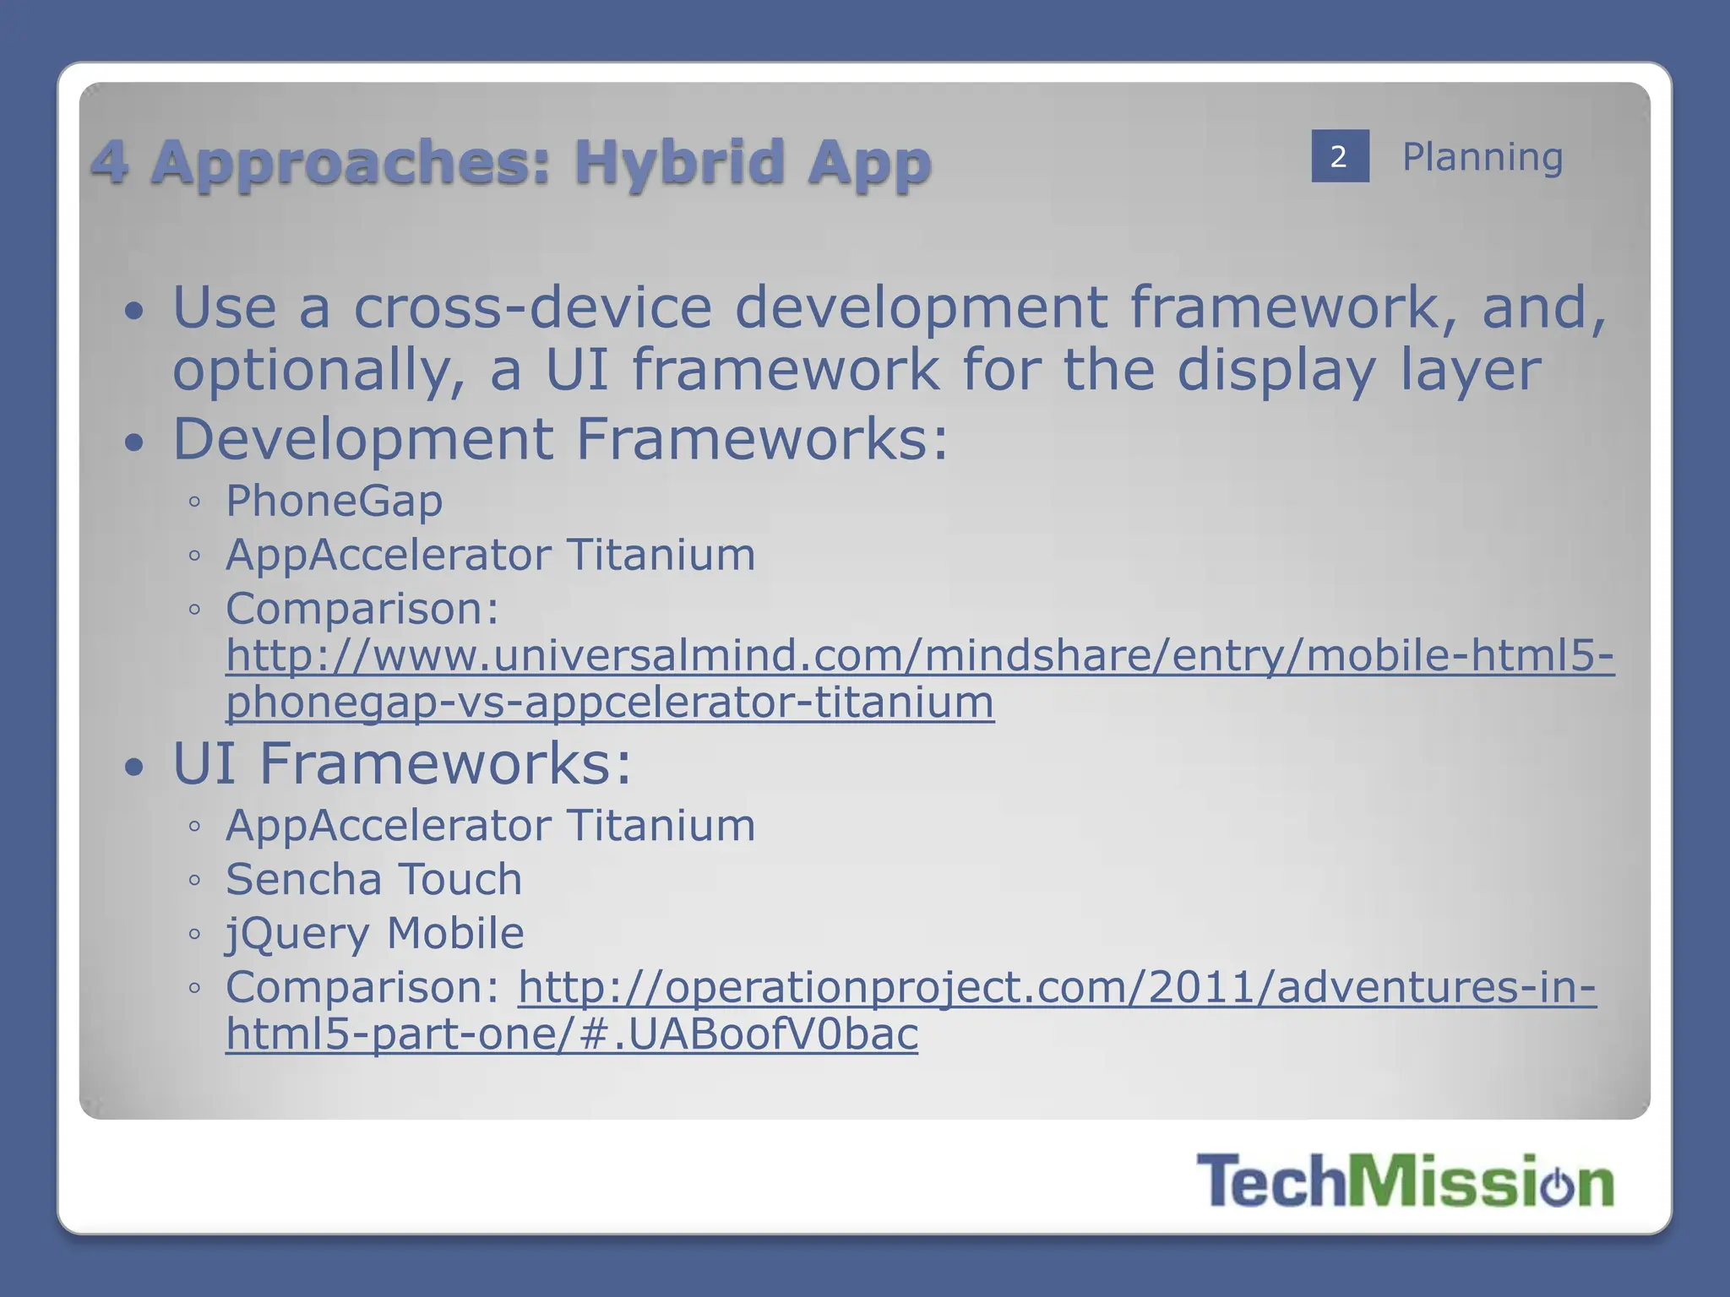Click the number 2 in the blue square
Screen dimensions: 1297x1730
1339,156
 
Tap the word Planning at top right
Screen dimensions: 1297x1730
1482,157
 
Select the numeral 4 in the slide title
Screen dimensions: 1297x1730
110,161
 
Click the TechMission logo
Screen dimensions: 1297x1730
1404,1180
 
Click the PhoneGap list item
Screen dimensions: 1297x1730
334,502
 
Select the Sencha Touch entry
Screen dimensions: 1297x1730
373,879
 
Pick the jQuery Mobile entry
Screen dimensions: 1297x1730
374,933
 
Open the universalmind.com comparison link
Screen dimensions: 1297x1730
919,656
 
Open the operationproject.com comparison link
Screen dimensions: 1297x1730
1056,987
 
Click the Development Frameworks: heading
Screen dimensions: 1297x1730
560,439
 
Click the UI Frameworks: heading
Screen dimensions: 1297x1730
402,763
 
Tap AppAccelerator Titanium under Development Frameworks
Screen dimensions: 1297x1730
490,555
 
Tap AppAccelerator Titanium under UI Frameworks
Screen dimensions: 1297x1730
490,825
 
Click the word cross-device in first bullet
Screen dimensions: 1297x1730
532,307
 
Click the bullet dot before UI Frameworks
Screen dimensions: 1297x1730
134,767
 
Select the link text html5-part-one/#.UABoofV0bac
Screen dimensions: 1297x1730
571,1034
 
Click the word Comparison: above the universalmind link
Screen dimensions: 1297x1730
362,609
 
